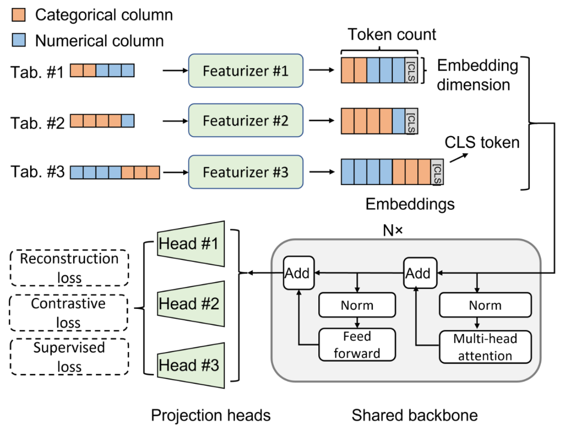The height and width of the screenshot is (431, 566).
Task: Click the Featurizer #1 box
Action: [x=245, y=71]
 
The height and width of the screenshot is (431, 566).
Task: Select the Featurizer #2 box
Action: [x=245, y=120]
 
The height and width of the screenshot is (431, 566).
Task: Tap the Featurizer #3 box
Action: [x=245, y=172]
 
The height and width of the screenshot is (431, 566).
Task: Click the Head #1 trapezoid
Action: [x=191, y=244]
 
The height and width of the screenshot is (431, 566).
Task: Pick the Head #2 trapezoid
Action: [x=191, y=304]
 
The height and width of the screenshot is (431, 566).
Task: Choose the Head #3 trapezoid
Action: [x=191, y=365]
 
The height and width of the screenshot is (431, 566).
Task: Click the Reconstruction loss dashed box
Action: [x=69, y=268]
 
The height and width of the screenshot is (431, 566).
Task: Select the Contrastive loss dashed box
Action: [x=68, y=313]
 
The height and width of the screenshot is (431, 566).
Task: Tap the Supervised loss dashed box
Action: [x=69, y=357]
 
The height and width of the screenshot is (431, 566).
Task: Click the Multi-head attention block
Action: [x=485, y=347]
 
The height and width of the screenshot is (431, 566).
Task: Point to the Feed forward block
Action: [x=357, y=345]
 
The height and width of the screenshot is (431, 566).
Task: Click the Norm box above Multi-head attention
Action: [x=485, y=305]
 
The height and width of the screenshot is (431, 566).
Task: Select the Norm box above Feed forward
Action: [x=357, y=305]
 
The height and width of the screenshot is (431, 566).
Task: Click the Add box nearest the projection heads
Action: [x=299, y=273]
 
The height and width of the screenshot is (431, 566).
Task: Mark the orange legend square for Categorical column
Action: [x=19, y=15]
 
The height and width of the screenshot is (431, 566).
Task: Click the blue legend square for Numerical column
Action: [x=19, y=40]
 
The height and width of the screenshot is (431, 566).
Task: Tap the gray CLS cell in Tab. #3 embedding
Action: [x=437, y=172]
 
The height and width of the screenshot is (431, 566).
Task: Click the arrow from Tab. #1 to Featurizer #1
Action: [x=175, y=71]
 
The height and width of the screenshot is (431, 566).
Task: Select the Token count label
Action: [x=392, y=34]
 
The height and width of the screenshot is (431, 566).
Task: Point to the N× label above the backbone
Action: [x=392, y=230]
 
